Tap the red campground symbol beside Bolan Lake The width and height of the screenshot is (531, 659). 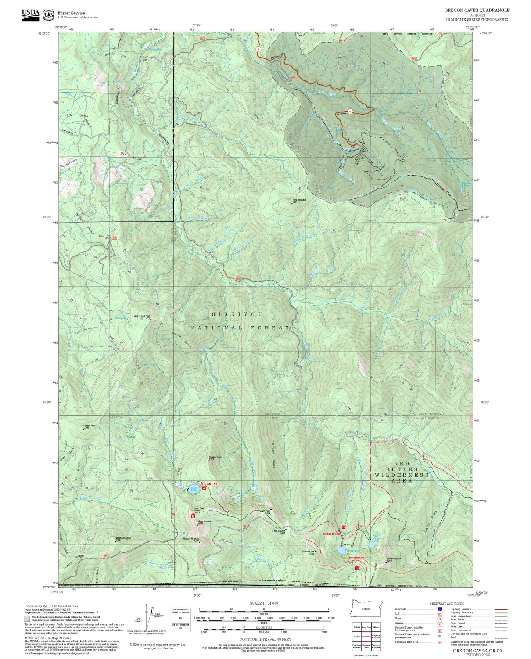tap(204, 489)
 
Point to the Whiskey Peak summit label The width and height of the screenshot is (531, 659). tap(215, 458)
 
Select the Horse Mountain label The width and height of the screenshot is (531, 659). tap(299, 200)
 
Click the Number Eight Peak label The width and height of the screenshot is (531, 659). tap(141, 316)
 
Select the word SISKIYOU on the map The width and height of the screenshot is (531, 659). tap(237, 314)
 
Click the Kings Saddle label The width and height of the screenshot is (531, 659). tap(280, 531)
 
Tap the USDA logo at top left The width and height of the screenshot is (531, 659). tap(31, 14)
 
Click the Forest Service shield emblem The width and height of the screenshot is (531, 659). tap(48, 15)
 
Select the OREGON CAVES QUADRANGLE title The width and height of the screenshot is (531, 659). tap(477, 10)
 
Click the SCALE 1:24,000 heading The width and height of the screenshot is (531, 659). tap(264, 603)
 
